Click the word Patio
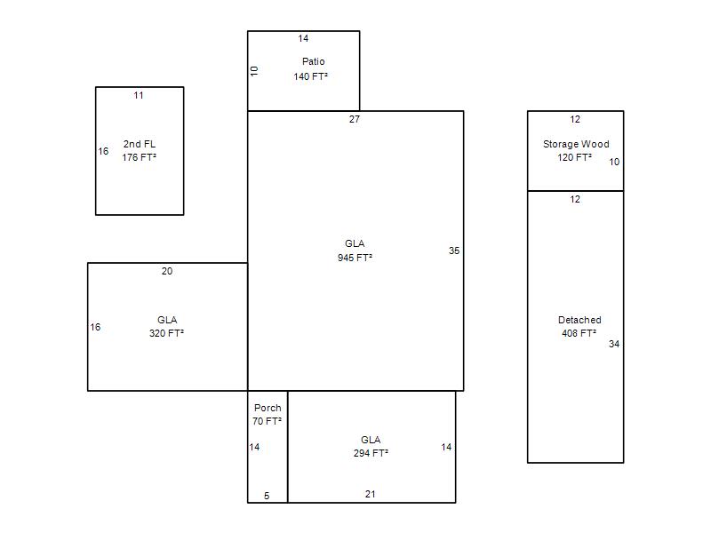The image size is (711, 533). click(x=314, y=61)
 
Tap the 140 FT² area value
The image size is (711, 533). click(x=310, y=76)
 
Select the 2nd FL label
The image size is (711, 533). click(x=140, y=144)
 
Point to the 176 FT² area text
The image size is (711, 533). click(x=140, y=157)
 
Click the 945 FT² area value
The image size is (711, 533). click(x=355, y=258)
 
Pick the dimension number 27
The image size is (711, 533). click(x=355, y=119)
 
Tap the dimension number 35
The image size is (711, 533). click(x=454, y=251)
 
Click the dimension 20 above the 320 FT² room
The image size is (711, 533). click(x=167, y=271)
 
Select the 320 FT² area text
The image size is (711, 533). click(x=166, y=333)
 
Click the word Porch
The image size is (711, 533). click(x=268, y=408)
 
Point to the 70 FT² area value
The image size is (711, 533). click(x=268, y=421)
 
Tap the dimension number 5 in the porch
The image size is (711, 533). click(x=267, y=496)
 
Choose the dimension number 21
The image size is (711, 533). click(x=370, y=494)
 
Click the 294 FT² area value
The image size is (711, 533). click(x=371, y=453)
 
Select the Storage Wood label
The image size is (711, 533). click(x=576, y=144)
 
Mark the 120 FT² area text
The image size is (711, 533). click(x=574, y=157)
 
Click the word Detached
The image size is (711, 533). click(x=579, y=320)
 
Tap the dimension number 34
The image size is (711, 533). click(x=614, y=344)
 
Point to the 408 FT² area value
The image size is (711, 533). click(x=579, y=333)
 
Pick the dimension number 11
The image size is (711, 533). click(x=139, y=95)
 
